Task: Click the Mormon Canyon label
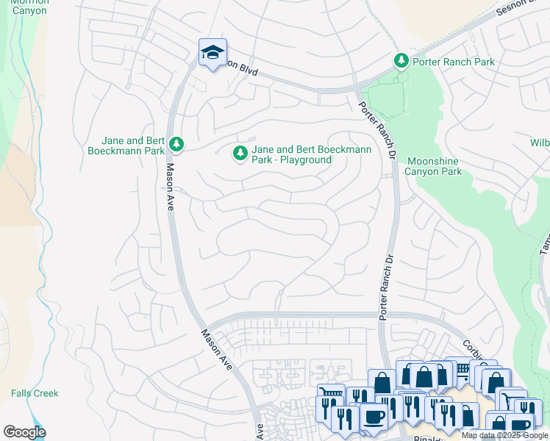pos(29,7)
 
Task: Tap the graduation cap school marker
pos(213,53)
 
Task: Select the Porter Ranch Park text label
pos(454,62)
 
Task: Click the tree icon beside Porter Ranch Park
pos(401,60)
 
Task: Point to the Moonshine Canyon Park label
pos(435,166)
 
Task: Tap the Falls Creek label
pos(35,393)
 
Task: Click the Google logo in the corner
pos(24,432)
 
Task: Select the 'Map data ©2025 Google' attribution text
pos(504,435)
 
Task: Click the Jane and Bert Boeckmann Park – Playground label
pos(311,154)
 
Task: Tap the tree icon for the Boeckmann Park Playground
pos(239,153)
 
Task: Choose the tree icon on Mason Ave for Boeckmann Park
pos(176,144)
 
